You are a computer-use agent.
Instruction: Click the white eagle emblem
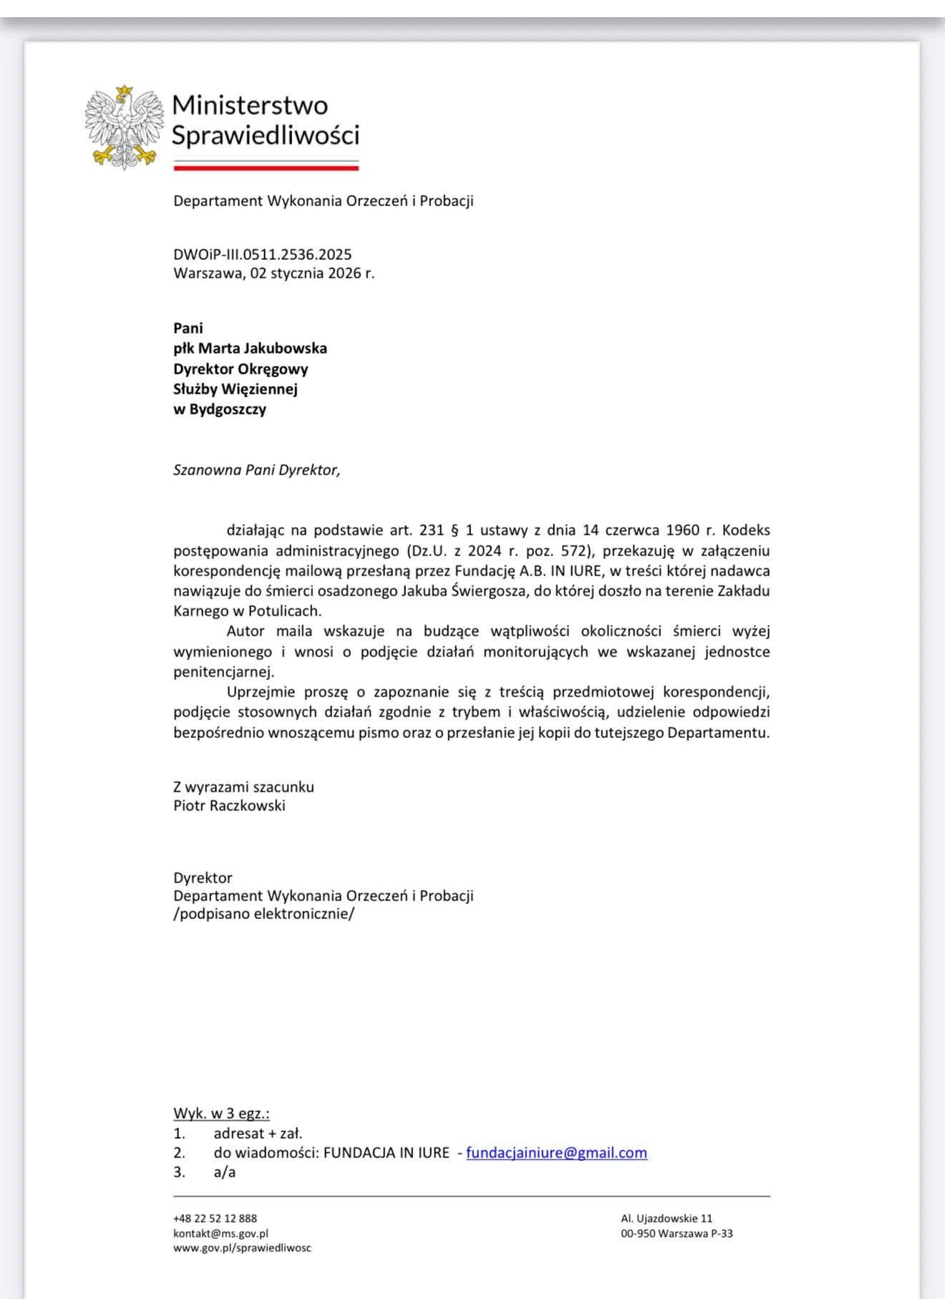pos(123,127)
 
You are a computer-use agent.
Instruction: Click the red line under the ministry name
pos(266,168)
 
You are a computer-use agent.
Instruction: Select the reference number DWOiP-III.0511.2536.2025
pos(262,254)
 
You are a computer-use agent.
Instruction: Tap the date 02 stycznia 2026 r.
pos(312,273)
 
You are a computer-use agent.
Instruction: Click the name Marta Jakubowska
pos(262,349)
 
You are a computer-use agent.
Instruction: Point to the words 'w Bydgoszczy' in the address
pos(219,409)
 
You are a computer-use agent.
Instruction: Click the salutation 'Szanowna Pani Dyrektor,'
pos(256,470)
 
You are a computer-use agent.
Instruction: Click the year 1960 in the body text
pos(682,530)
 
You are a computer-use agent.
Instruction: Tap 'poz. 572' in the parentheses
pos(554,550)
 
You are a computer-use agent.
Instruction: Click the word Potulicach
pos(284,611)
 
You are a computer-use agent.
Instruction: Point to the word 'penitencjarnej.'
pos(223,672)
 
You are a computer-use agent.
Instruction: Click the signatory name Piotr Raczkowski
pos(229,805)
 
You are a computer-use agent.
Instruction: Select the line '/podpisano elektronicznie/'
pos(263,914)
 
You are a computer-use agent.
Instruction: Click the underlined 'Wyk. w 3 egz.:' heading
pos(221,1113)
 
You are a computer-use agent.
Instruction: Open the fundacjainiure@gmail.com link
pos(556,1152)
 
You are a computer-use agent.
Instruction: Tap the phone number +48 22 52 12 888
pos(215,1218)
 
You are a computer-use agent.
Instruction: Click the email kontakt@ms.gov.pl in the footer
pos(220,1233)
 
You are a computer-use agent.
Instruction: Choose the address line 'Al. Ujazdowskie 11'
pos(667,1218)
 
